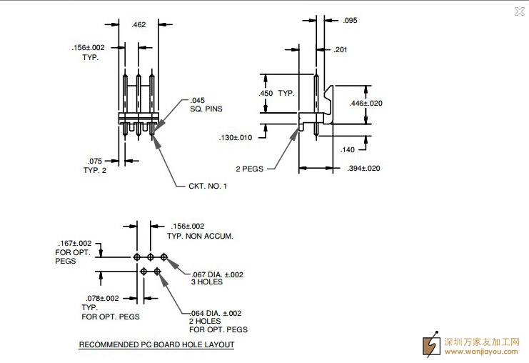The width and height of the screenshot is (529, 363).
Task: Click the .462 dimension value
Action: pos(139,25)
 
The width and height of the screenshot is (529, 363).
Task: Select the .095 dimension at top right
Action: pos(349,21)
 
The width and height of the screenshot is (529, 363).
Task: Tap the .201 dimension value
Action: pos(341,49)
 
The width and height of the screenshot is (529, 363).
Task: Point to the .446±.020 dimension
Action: pos(366,104)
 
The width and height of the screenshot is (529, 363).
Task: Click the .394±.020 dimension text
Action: pos(363,168)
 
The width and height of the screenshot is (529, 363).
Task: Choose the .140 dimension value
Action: pos(348,149)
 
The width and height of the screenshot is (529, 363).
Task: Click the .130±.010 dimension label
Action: pos(236,137)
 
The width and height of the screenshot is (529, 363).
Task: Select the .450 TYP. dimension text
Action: pos(276,94)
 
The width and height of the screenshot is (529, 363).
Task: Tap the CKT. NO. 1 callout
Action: pos(207,186)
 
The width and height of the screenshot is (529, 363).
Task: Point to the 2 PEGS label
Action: pos(250,169)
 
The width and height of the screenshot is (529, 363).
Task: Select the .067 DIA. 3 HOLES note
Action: pos(217,278)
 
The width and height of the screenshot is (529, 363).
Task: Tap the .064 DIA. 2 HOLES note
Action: pos(218,321)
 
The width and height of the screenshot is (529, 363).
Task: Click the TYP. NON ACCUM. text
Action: pos(200,236)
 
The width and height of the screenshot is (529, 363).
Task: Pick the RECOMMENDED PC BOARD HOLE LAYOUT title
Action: pos(156,345)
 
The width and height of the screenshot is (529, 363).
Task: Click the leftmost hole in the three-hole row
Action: pos(136,257)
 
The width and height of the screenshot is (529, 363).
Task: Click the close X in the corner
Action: pos(519,11)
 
